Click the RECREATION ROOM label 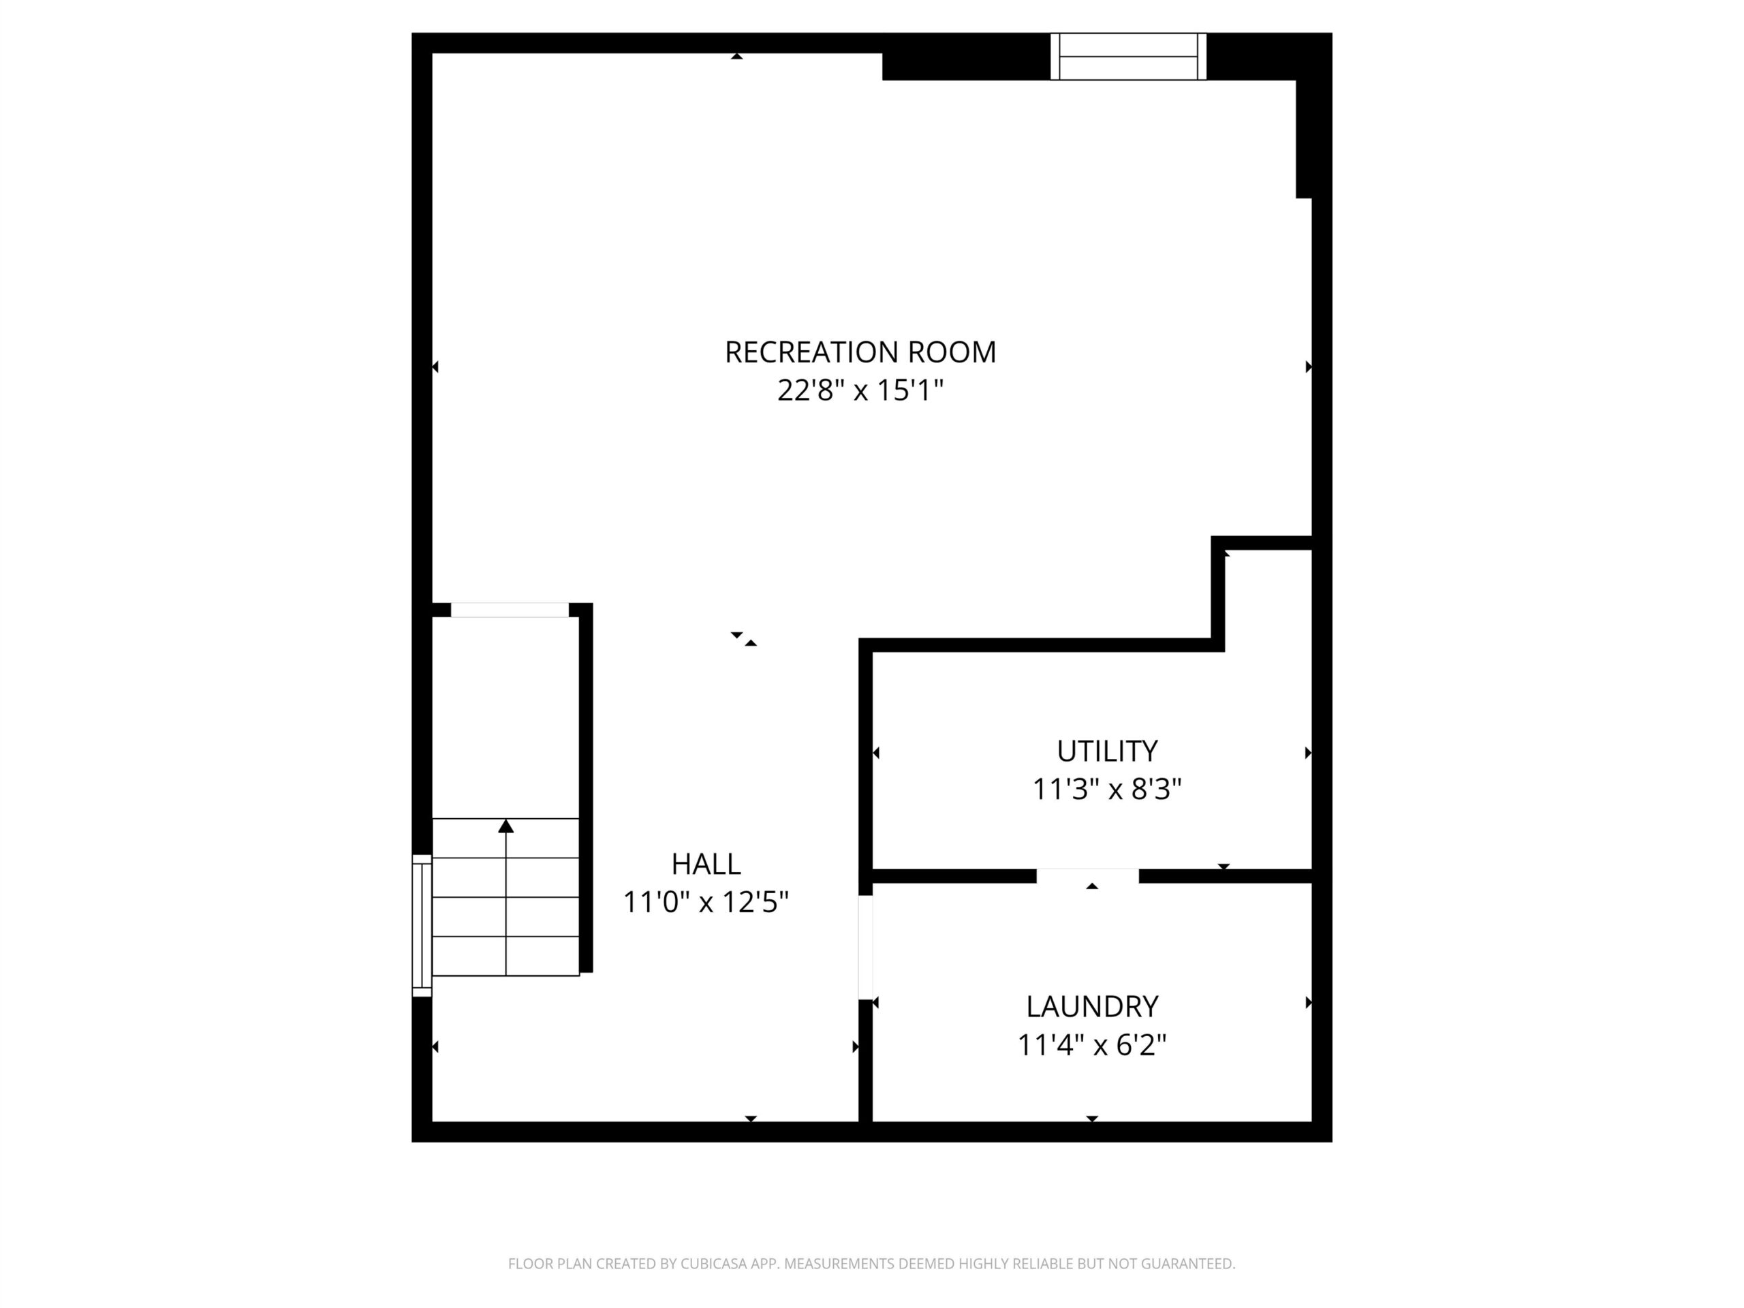[860, 352]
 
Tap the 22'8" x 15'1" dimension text [860, 390]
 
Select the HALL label [706, 864]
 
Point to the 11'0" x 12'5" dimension [706, 902]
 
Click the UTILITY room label [1107, 751]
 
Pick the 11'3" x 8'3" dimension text [1107, 788]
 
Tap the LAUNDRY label [1092, 1007]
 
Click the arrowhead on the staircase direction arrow [506, 826]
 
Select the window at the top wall [1128, 56]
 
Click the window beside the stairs [422, 926]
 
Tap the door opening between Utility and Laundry [1087, 876]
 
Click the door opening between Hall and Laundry [866, 948]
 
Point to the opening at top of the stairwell [510, 610]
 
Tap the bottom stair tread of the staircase [506, 956]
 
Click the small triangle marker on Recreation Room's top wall [736, 56]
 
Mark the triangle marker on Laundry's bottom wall [1092, 1119]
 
